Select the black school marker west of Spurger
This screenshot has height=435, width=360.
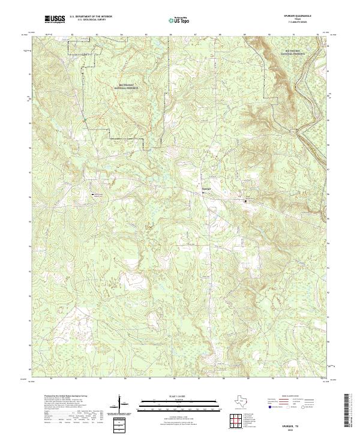92,195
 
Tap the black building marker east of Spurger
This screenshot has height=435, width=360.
245,202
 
